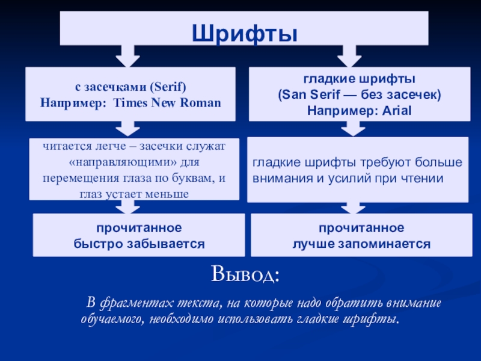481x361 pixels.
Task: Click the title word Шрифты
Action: click(244, 30)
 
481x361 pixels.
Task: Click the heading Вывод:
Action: click(245, 276)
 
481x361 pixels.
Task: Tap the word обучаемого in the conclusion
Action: click(111, 318)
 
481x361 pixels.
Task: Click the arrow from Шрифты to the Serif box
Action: click(127, 55)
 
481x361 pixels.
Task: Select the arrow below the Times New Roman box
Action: click(127, 128)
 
